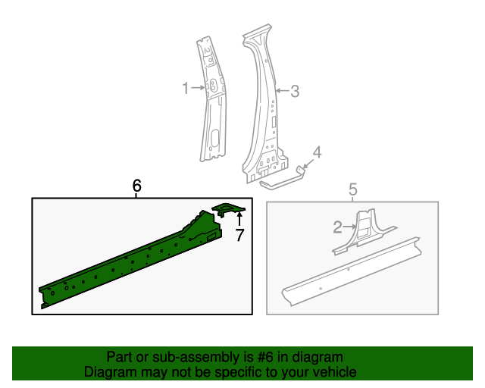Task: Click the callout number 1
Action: [185, 89]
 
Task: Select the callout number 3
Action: [295, 92]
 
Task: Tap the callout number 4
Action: [318, 152]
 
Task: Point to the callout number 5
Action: [352, 189]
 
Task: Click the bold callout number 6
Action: [136, 186]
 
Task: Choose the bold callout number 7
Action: [239, 236]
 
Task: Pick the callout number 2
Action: [337, 226]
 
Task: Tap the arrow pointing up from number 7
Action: [239, 221]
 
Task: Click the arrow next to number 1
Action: [198, 89]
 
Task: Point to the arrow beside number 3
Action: [281, 92]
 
